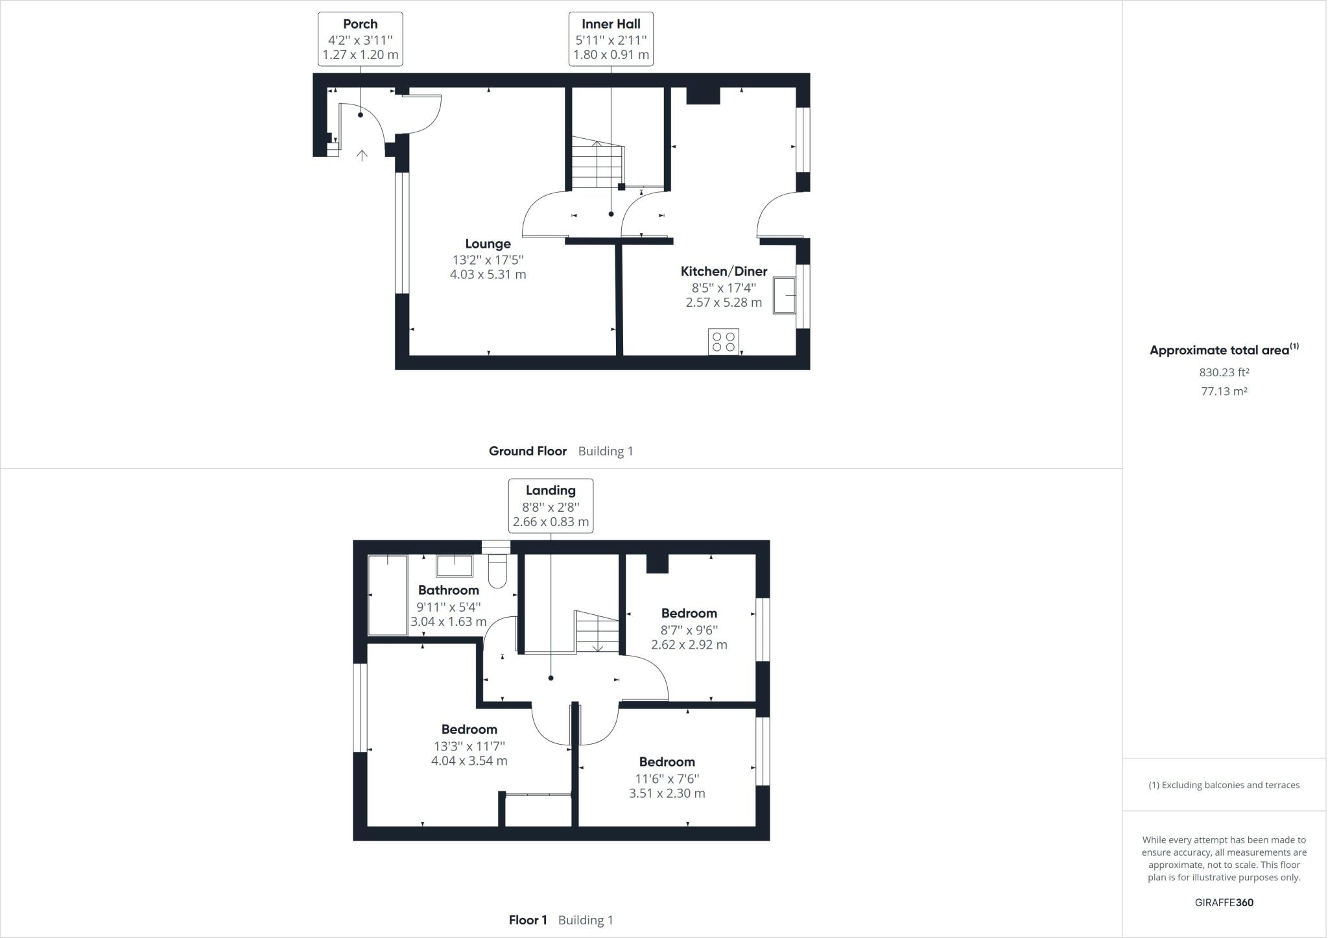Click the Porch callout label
coord(360,39)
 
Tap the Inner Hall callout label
coord(611,39)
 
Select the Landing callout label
coord(551,506)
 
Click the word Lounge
coord(488,244)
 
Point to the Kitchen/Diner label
coord(724,271)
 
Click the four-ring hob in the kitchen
coord(724,342)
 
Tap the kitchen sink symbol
coord(784,296)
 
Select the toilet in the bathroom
coord(497,570)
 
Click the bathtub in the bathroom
coord(387,595)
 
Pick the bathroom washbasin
coord(454,566)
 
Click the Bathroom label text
coord(448,590)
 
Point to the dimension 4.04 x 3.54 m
coord(469,761)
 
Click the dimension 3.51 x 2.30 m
coord(667,793)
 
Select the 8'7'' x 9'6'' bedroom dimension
coord(689,629)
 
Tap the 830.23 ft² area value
coord(1224,372)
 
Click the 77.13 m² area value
coord(1224,391)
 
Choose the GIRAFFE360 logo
coord(1224,902)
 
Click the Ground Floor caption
coord(527,451)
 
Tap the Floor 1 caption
coord(528,920)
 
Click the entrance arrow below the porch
coord(362,154)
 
